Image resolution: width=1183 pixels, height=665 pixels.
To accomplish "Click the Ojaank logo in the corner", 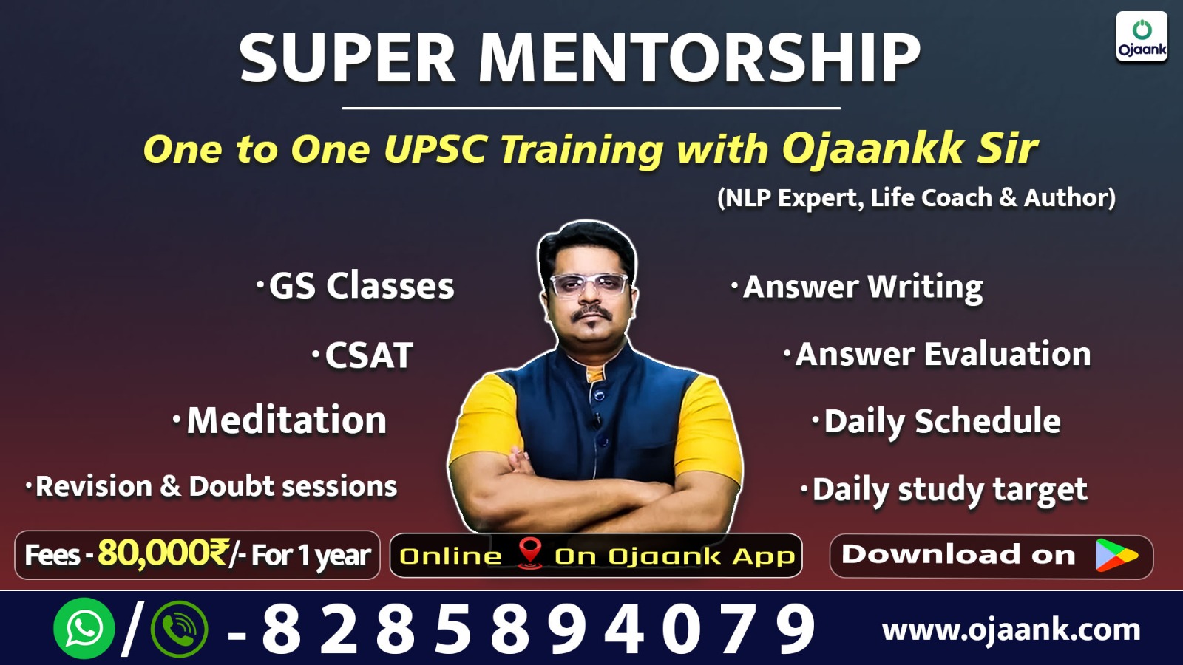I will pos(1142,37).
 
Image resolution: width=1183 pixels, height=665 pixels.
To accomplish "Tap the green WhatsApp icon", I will pos(84,628).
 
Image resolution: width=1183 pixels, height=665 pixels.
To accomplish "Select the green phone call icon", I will pos(179,629).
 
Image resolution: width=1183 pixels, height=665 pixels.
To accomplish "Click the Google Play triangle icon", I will pos(1116,555).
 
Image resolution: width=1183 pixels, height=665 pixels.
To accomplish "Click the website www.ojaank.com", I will pos(1011,630).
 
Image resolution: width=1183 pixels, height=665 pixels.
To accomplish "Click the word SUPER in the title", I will pos(348,58).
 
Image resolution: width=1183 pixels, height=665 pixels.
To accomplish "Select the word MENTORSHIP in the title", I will pos(699,58).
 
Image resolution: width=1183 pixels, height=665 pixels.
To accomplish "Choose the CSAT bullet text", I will pos(368,355).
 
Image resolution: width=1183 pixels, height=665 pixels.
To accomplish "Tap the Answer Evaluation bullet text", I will pos(943,354).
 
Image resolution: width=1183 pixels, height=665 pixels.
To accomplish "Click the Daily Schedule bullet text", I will pos(942,421).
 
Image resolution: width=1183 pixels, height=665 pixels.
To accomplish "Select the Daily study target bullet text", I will pos(949,489).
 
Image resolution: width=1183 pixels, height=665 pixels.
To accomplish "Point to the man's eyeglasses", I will pos(589,284).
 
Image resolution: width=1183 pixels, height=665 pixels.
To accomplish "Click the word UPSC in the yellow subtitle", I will pos(435,149).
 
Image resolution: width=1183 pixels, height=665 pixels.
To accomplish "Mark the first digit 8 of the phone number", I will pos(282,629).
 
